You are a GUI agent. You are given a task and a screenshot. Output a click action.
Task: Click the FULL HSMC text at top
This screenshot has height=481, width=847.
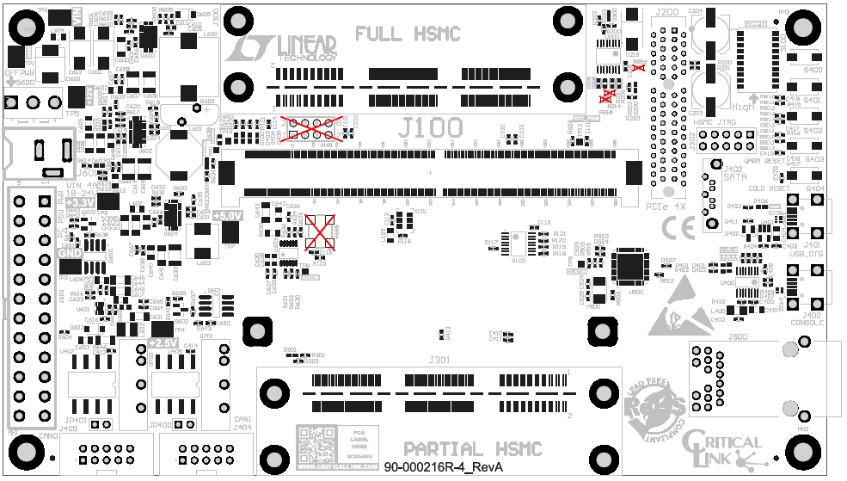[408, 34]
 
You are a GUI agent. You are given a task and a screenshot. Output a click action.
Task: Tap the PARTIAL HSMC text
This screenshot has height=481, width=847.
[473, 448]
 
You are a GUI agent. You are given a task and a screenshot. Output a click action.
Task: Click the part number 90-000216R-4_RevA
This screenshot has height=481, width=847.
[443, 467]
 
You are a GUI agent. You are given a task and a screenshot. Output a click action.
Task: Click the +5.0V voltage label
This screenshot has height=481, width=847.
[229, 215]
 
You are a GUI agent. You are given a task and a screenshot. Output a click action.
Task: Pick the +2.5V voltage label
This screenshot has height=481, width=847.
[162, 343]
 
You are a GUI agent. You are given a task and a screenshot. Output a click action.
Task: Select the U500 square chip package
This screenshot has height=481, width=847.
[631, 266]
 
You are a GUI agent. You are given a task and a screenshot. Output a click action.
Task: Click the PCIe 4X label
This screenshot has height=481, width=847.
[665, 207]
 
